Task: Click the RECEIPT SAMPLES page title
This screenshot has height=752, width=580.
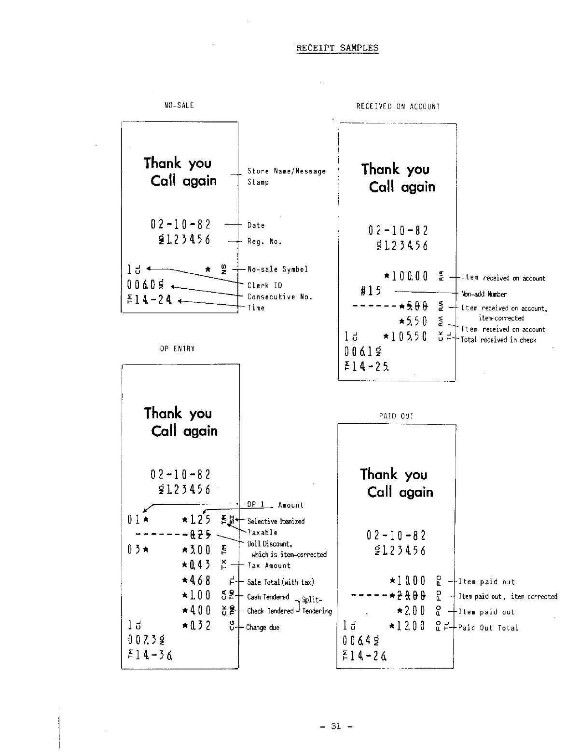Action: click(337, 48)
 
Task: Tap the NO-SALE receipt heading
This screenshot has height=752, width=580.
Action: click(179, 105)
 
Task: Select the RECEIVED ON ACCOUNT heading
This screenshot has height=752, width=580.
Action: click(398, 107)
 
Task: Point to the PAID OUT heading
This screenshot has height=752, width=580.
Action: click(396, 416)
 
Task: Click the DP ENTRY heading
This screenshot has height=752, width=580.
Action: click(178, 348)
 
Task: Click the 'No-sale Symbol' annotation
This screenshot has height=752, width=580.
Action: click(277, 269)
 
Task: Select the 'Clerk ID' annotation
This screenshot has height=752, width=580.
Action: click(264, 285)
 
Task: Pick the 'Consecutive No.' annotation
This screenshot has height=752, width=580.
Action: click(280, 297)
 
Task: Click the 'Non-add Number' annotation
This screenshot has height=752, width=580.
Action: click(484, 294)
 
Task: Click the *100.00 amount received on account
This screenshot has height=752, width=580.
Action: click(406, 277)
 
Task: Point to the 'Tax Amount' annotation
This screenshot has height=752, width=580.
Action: click(269, 566)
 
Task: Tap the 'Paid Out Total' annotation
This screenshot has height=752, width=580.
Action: click(488, 628)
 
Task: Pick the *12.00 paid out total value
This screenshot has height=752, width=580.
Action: click(407, 626)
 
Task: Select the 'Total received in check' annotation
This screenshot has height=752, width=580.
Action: click(498, 340)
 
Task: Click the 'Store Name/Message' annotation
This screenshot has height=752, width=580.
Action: click(287, 171)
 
